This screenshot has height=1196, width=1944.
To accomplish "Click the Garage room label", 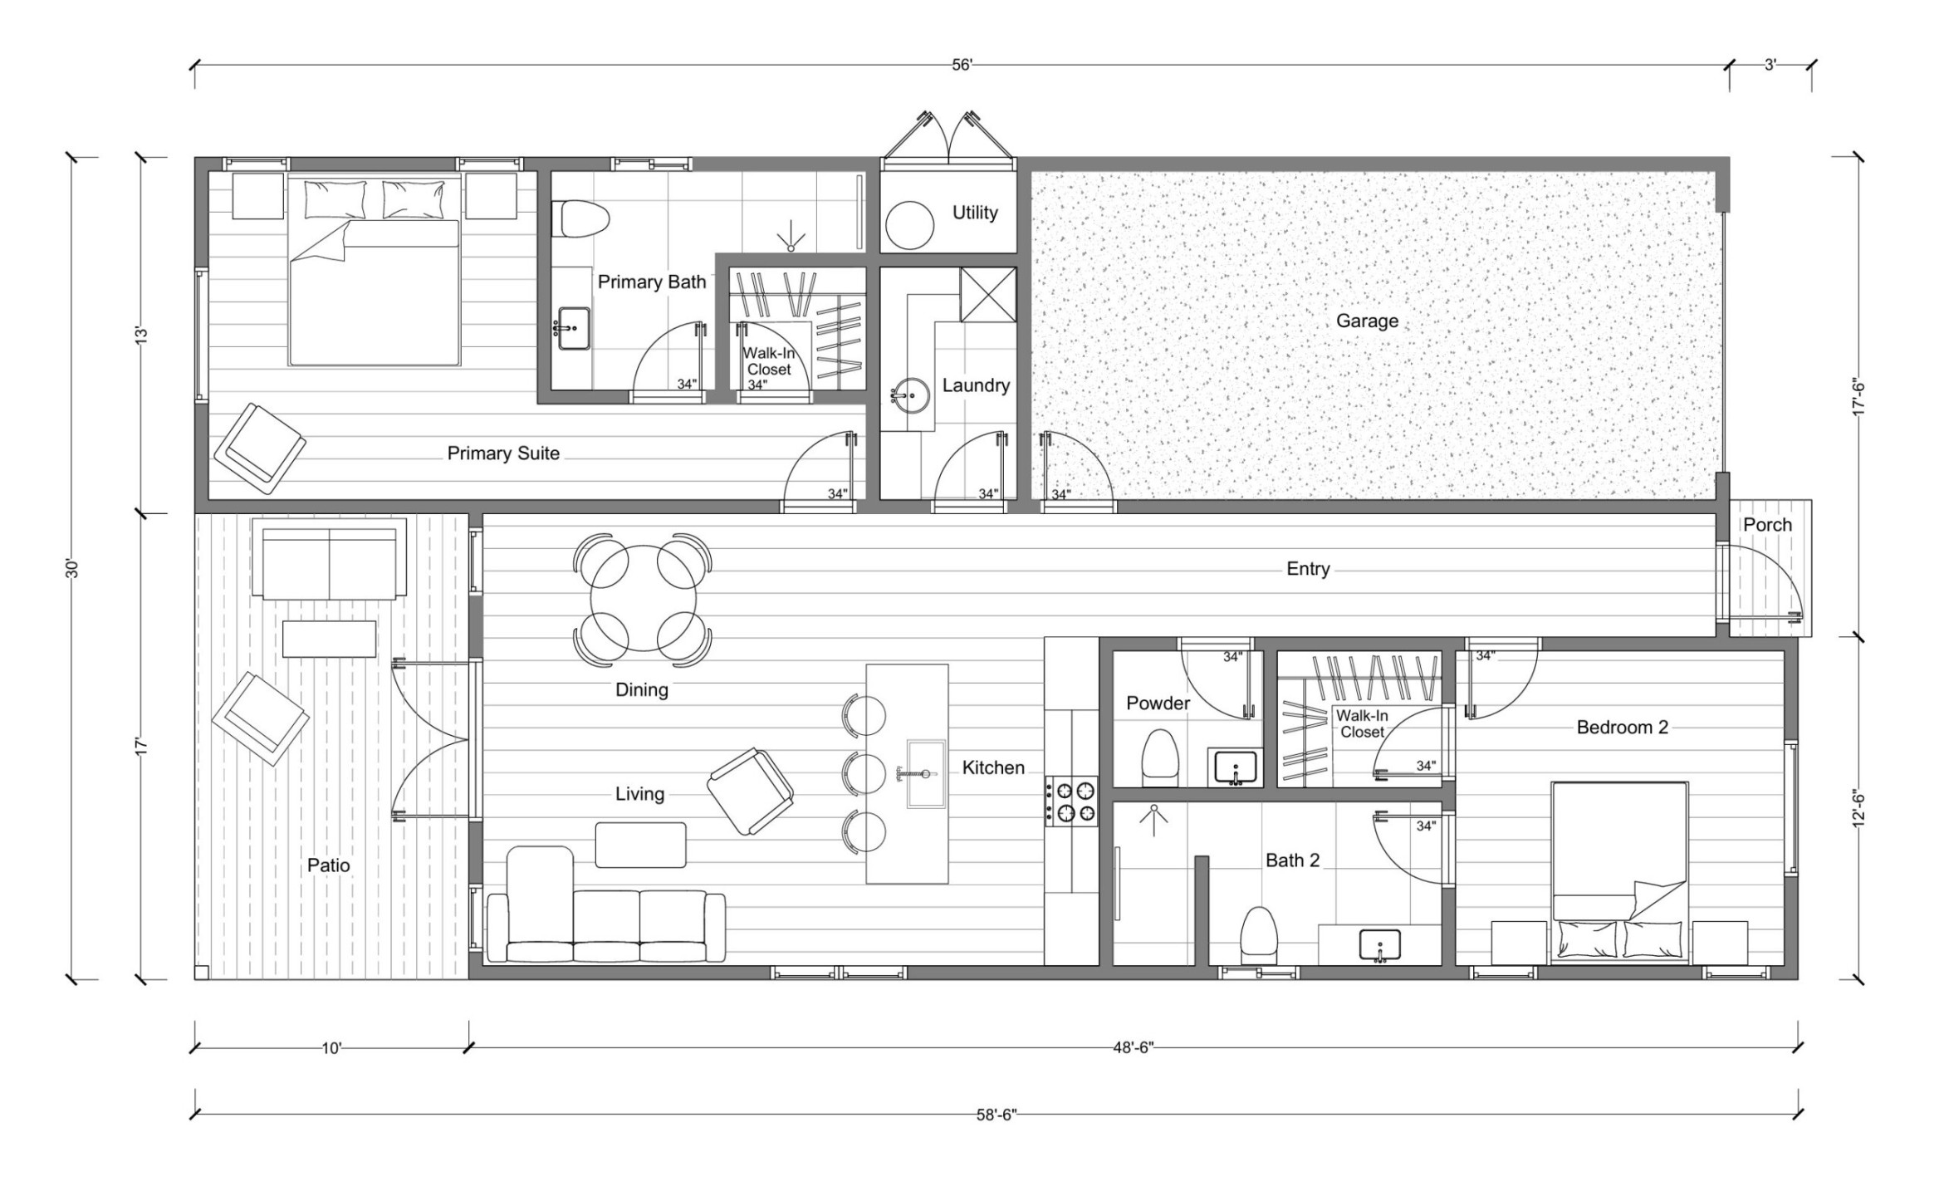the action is click(1367, 321).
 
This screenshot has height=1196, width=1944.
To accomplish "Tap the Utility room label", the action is click(975, 213).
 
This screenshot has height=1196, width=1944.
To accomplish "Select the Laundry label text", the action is click(976, 385).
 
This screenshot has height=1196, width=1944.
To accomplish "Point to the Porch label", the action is click(1767, 525).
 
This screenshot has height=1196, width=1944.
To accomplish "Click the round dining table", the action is click(643, 598).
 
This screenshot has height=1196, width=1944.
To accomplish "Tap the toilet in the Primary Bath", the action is click(585, 219).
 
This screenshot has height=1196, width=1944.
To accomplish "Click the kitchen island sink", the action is click(926, 774).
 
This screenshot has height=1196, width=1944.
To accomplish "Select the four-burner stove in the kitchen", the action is click(1071, 801).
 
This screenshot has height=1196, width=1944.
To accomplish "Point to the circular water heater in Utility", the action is click(911, 225).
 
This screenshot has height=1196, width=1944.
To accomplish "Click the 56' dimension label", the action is click(962, 65).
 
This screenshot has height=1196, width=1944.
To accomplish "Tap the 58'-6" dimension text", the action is click(996, 1115).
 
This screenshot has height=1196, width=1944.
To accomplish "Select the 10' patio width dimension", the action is click(331, 1048).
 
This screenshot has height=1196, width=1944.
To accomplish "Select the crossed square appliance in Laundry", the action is click(988, 294).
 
